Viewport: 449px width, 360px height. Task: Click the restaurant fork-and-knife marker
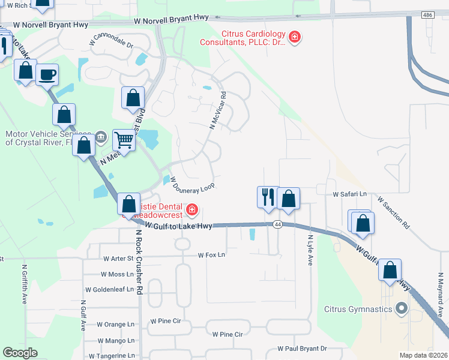[x=267, y=196]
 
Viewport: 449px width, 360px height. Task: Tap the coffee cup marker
[x=47, y=75]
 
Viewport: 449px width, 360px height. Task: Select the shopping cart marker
[x=124, y=140]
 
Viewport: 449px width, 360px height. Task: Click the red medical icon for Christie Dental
[x=191, y=209]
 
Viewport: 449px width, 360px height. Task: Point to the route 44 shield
[x=277, y=224]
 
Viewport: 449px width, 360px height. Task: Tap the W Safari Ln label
[x=350, y=194]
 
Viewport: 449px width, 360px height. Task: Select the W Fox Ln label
[x=211, y=255]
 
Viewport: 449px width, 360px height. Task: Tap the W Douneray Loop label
[x=192, y=183]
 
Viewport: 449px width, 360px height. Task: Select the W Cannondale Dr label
[x=113, y=41]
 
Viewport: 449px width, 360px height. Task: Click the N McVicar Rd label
[x=217, y=110]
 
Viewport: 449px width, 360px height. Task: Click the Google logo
[x=20, y=353]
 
